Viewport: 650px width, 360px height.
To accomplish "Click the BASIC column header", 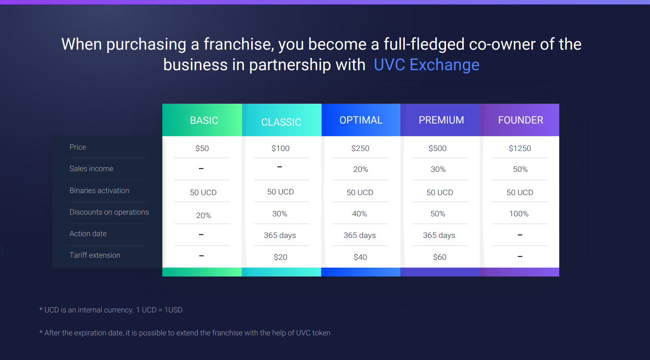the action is coord(204,120).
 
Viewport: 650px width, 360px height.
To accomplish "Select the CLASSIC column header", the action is coord(281,122).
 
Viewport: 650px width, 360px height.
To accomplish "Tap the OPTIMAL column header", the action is coord(361,120).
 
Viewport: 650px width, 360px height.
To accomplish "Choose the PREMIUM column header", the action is coord(441,120).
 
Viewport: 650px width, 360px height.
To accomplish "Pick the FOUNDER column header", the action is coord(521,120).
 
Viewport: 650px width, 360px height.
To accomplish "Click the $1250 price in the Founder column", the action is coord(520,148).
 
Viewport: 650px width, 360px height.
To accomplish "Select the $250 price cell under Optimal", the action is coord(360,148).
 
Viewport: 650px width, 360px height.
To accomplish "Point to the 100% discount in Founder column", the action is coord(519,214).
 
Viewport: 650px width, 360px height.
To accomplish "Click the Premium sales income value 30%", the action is coord(438,169).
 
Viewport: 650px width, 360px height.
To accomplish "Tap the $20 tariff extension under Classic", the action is coord(280,257).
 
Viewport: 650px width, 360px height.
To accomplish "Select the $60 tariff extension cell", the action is coord(440,257).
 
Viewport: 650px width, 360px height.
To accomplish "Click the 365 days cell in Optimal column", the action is coord(360,235).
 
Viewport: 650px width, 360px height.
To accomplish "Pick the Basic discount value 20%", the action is coord(203,216).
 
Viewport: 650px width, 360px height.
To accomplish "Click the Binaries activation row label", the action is coord(99,191).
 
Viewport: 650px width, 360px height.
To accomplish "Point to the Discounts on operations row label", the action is coord(109,212).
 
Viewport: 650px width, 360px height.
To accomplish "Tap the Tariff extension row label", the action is coord(95,255).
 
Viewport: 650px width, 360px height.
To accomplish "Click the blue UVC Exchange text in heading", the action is coord(426,65).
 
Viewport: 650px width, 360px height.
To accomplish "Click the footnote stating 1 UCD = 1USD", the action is coord(111,310).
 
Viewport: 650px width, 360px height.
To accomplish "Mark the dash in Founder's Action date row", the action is coord(520,235).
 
